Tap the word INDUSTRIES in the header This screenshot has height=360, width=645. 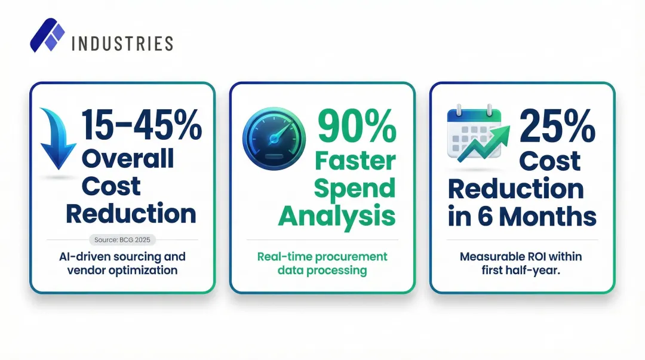[122, 44]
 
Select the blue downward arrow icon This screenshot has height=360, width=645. [57, 139]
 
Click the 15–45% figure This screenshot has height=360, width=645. [142, 124]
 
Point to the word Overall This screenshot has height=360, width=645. [127, 158]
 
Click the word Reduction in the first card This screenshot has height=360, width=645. [131, 213]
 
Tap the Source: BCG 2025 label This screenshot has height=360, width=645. [122, 240]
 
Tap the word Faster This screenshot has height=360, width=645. [355, 161]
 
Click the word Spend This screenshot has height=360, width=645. [355, 188]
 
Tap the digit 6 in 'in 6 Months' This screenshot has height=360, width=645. [488, 217]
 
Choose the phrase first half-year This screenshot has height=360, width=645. [522, 270]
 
